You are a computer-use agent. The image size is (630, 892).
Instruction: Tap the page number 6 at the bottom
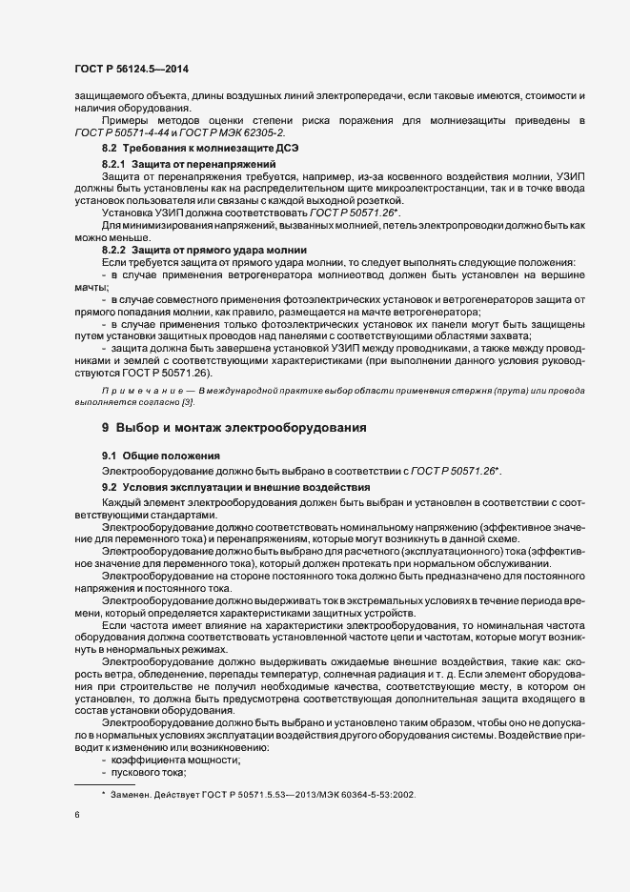[x=77, y=816]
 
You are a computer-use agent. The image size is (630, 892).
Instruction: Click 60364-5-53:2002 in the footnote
[x=379, y=794]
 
